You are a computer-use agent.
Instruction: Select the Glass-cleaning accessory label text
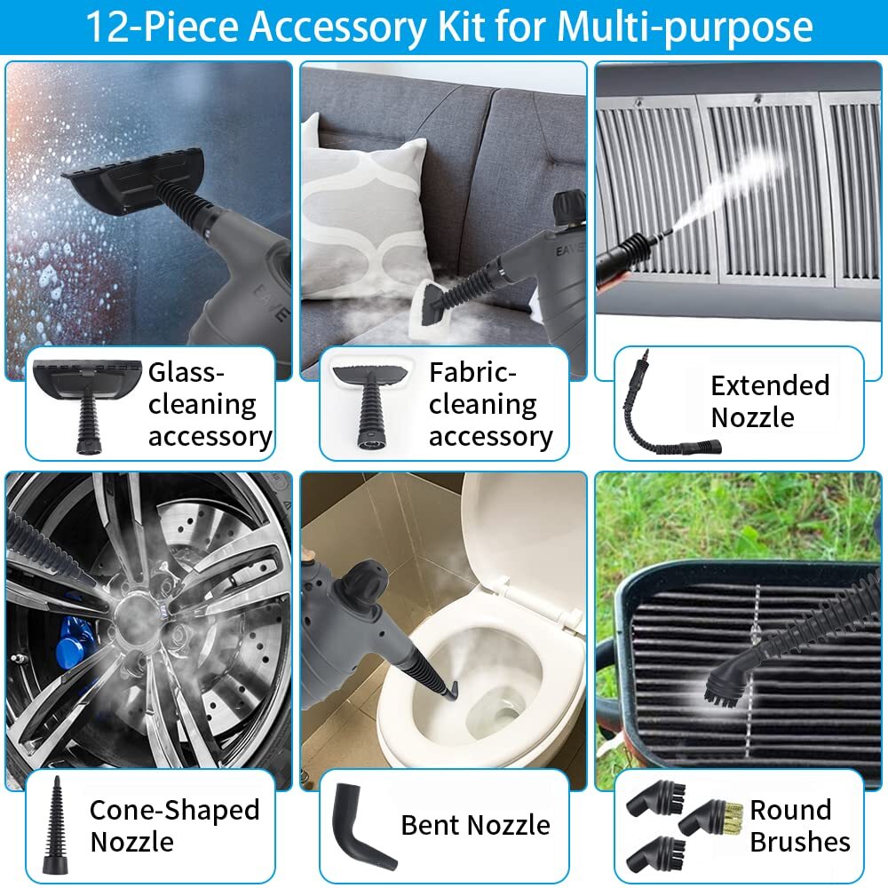click(210, 404)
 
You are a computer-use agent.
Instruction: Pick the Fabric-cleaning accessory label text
click(490, 404)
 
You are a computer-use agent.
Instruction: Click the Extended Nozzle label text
click(769, 401)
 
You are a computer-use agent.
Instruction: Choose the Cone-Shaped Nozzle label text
click(174, 826)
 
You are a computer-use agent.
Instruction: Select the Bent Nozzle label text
click(475, 825)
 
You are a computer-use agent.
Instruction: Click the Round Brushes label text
click(800, 826)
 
